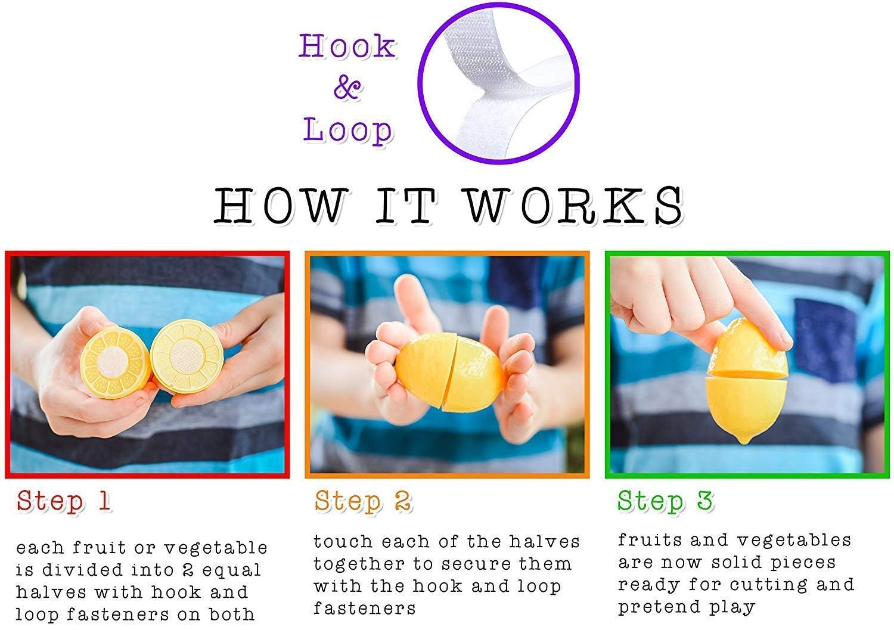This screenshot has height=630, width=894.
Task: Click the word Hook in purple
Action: click(x=347, y=46)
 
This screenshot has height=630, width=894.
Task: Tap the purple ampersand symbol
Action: click(x=347, y=86)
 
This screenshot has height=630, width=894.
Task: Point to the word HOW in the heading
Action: click(x=280, y=206)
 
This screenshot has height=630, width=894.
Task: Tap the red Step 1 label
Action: click(x=63, y=501)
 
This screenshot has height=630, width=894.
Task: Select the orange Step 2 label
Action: click(x=362, y=501)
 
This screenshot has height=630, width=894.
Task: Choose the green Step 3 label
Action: click(x=665, y=501)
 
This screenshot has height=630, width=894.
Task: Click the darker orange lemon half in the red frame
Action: click(x=116, y=362)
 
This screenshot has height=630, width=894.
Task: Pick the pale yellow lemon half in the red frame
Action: click(x=187, y=356)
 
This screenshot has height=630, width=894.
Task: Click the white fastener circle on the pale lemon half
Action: click(x=186, y=355)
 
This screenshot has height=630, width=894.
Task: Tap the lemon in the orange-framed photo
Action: click(x=449, y=372)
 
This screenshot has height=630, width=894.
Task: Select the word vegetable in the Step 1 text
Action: click(x=216, y=548)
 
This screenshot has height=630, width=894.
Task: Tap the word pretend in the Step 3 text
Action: click(x=659, y=606)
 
